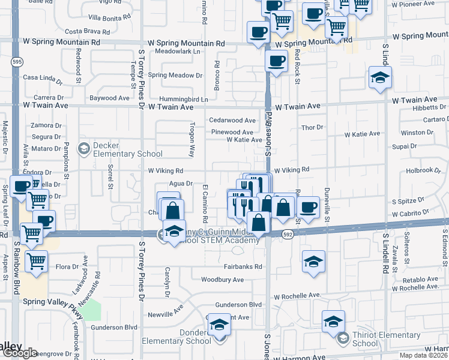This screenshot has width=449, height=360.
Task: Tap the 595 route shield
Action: coord(16,61)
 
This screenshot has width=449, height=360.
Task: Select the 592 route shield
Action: coord(288,235)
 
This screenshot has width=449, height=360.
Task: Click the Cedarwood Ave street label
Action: coord(232,121)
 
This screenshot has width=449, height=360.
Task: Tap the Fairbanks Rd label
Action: coord(243,266)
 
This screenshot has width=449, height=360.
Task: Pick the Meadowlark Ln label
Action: coord(177,52)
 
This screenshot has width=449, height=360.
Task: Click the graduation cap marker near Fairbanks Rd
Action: coord(313,261)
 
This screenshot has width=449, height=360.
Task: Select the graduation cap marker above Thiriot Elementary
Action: coord(333,321)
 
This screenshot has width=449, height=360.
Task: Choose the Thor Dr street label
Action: coord(312,128)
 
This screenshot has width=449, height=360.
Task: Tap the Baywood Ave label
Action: coord(109,98)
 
